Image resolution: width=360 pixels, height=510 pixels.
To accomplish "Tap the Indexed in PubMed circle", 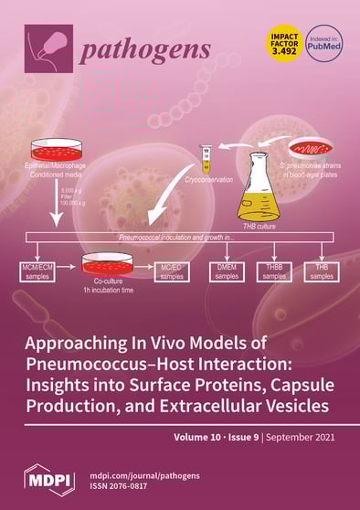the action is pos(323,46).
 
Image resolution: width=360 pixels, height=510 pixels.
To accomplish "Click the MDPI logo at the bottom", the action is pos(48,479).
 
